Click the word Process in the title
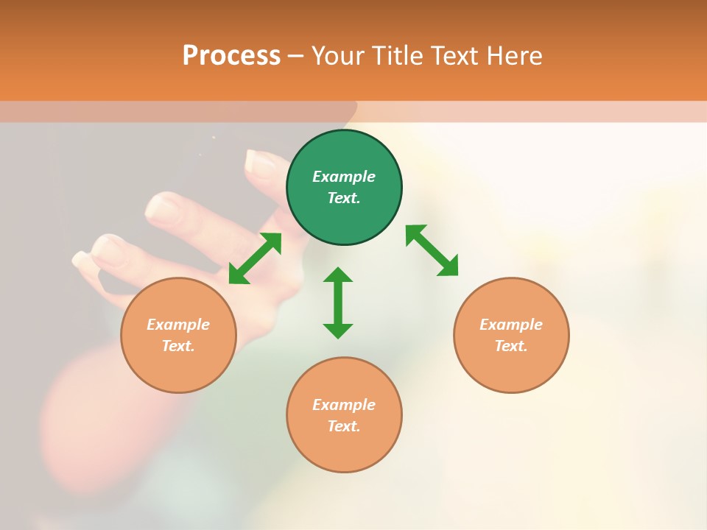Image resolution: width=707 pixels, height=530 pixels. click(x=231, y=56)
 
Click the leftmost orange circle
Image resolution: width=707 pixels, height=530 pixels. click(x=178, y=335)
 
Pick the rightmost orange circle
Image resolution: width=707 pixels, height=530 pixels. click(x=511, y=335)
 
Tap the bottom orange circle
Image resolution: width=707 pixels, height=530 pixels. click(x=344, y=414)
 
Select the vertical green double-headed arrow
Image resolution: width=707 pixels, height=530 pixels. click(x=338, y=303)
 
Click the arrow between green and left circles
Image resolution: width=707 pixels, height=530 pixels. click(x=255, y=258)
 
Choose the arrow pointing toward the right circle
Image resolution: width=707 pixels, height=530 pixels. click(x=432, y=251)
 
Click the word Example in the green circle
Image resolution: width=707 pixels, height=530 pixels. click(x=344, y=177)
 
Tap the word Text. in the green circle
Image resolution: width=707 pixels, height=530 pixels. click(x=344, y=198)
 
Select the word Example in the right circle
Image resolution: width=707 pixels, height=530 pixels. click(x=511, y=325)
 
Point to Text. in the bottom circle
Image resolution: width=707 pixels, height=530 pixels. click(x=344, y=426)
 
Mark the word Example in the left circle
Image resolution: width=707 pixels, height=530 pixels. click(x=178, y=325)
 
